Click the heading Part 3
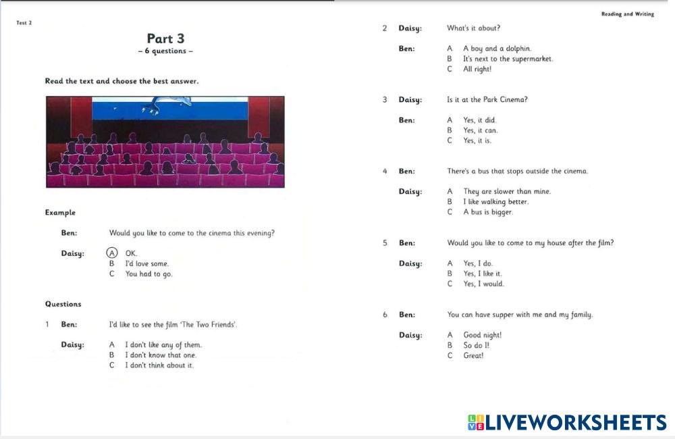pyautogui.click(x=165, y=38)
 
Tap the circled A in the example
pyautogui.click(x=112, y=253)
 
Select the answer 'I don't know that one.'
pyautogui.click(x=161, y=355)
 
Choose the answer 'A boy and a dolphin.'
pyautogui.click(x=497, y=49)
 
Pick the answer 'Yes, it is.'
pyautogui.click(x=477, y=140)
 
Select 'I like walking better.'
pyautogui.click(x=496, y=202)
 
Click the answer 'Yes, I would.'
pyautogui.click(x=483, y=284)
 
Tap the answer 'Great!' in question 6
pyautogui.click(x=473, y=355)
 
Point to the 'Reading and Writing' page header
pyautogui.click(x=627, y=14)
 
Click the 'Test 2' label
pyautogui.click(x=24, y=23)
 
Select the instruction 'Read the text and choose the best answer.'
pyautogui.click(x=122, y=81)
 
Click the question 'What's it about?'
pyautogui.click(x=473, y=28)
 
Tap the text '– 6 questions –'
pyautogui.click(x=165, y=51)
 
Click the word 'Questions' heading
pyautogui.click(x=63, y=304)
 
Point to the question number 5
pyautogui.click(x=385, y=243)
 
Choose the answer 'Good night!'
pyautogui.click(x=482, y=335)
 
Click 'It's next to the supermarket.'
pyautogui.click(x=508, y=59)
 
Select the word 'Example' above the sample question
pyautogui.click(x=60, y=212)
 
